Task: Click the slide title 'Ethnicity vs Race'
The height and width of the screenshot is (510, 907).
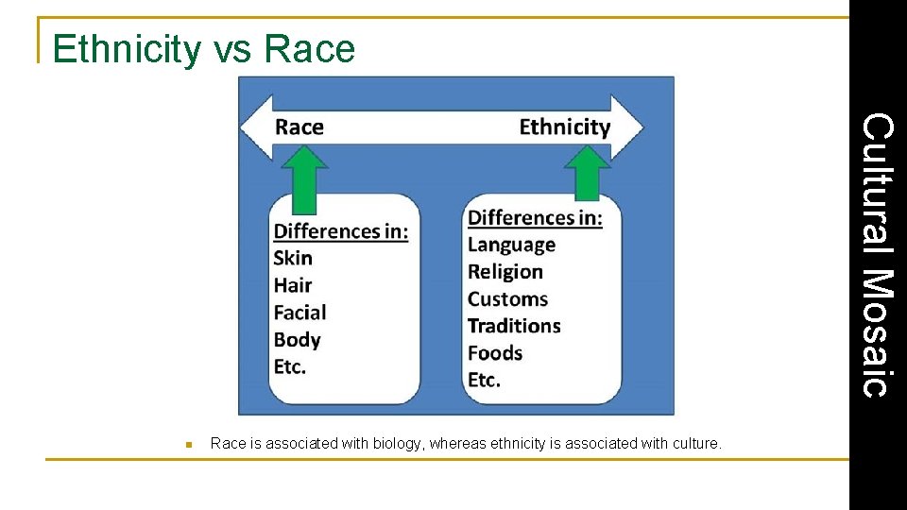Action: tap(204, 49)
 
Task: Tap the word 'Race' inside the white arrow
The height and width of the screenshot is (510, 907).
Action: tap(299, 127)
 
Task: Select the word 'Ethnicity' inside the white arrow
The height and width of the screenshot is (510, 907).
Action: tap(564, 127)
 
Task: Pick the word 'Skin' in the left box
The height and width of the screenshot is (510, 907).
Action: tap(293, 258)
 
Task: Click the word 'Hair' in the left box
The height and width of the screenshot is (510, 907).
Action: tap(293, 285)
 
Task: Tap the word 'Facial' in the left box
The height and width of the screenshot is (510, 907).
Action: tap(299, 313)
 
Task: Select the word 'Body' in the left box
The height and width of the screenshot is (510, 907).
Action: tap(298, 340)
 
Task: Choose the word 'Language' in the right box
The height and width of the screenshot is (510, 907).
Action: tap(511, 245)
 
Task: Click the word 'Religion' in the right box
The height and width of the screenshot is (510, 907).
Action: tap(505, 272)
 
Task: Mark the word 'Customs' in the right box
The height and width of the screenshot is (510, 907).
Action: tap(507, 299)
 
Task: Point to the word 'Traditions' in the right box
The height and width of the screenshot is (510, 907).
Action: tap(514, 326)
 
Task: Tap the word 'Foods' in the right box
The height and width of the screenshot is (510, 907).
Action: tap(495, 353)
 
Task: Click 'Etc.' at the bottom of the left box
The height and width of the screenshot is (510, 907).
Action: tap(290, 366)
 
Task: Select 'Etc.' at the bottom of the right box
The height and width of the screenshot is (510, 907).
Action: tap(484, 380)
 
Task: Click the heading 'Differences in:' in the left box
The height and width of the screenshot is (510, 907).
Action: tap(341, 231)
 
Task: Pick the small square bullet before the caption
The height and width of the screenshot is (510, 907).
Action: tap(189, 444)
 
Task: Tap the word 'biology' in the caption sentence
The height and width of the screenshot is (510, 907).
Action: tap(398, 443)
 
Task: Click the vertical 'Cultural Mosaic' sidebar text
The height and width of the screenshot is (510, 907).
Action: tap(878, 255)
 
